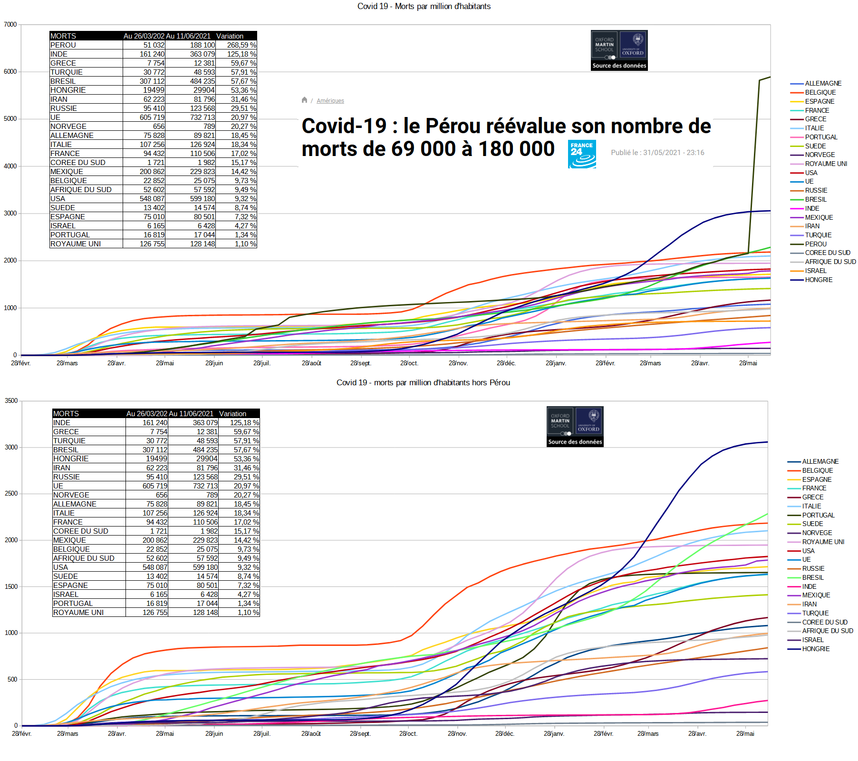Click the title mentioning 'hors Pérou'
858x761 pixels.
pyautogui.click(x=423, y=382)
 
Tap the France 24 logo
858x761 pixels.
pyautogui.click(x=582, y=154)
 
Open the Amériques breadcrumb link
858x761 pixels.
pyautogui.click(x=330, y=101)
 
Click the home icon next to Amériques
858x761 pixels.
pyautogui.click(x=304, y=100)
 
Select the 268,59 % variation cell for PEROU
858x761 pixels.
pyautogui.click(x=241, y=45)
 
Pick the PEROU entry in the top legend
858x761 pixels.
pyautogui.click(x=816, y=244)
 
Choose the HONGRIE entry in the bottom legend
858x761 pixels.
pyautogui.click(x=816, y=649)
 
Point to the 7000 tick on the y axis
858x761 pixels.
pyautogui.click(x=10, y=24)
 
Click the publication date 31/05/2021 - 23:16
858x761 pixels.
pyautogui.click(x=657, y=153)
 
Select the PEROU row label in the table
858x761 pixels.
pyautogui.click(x=63, y=45)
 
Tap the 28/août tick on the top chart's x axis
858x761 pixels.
pyautogui.click(x=311, y=363)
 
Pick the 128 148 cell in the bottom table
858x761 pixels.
pyautogui.click(x=205, y=613)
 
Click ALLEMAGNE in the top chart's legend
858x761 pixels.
pyautogui.click(x=823, y=83)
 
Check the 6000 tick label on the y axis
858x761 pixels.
pyautogui.click(x=10, y=71)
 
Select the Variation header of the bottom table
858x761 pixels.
pyautogui.click(x=232, y=414)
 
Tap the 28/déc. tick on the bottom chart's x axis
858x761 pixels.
pyautogui.click(x=505, y=733)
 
